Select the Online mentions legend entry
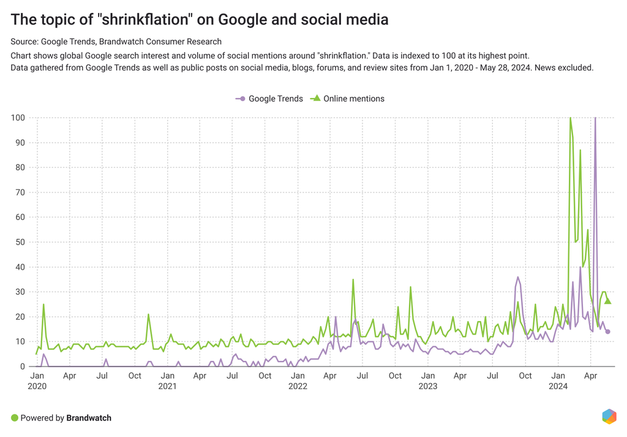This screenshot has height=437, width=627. pyautogui.click(x=348, y=99)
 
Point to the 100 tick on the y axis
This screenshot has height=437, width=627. pyautogui.click(x=18, y=118)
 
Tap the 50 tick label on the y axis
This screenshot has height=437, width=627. pyautogui.click(x=20, y=242)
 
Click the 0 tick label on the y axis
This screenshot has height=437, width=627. pyautogui.click(x=23, y=367)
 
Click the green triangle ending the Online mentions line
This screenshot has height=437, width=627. pyautogui.click(x=607, y=301)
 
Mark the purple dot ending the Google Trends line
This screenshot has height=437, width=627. pyautogui.click(x=607, y=332)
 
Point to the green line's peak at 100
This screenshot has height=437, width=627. pyautogui.click(x=570, y=118)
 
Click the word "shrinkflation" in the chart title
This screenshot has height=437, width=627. pyautogui.click(x=146, y=20)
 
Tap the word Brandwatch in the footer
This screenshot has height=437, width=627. pyautogui.click(x=89, y=418)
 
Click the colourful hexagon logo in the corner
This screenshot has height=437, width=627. pyautogui.click(x=609, y=416)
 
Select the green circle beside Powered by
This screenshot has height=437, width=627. pyautogui.click(x=14, y=418)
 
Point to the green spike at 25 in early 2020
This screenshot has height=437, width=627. pyautogui.click(x=43, y=304)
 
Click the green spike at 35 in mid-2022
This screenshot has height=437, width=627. pyautogui.click(x=353, y=279)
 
